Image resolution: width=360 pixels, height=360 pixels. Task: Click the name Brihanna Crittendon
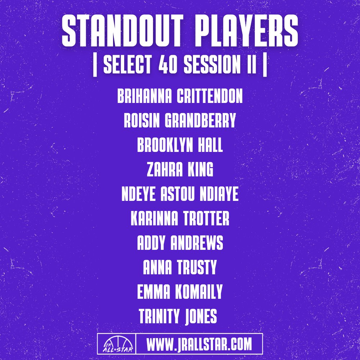click(180, 97)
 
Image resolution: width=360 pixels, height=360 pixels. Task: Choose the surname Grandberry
click(200, 121)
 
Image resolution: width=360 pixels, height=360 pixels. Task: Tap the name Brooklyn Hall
click(180, 146)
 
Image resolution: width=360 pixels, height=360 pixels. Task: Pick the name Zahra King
click(180, 170)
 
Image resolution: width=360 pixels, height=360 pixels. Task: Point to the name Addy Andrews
click(180, 243)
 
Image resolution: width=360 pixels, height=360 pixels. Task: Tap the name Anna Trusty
click(180, 267)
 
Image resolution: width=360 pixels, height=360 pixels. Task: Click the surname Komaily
click(199, 292)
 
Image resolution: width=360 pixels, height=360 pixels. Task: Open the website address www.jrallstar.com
click(199, 344)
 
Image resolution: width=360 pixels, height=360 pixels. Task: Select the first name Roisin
click(142, 121)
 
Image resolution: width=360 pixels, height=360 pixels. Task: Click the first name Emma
click(153, 292)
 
